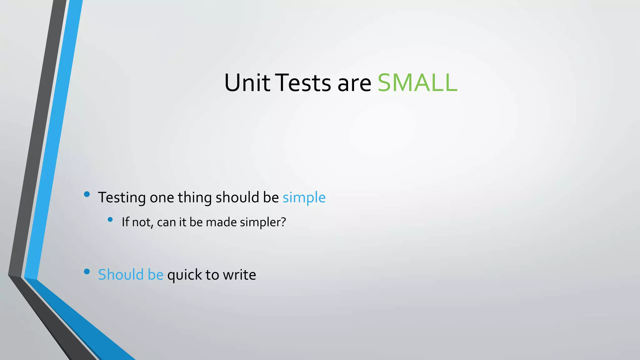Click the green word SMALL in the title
(x=417, y=83)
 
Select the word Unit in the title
(x=247, y=83)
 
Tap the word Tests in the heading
(x=304, y=83)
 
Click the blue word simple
(x=304, y=198)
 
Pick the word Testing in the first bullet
(x=122, y=198)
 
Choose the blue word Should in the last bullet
(x=121, y=275)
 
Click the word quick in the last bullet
(x=184, y=275)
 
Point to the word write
(x=239, y=275)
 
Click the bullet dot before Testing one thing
(x=87, y=194)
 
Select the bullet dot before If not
(x=110, y=220)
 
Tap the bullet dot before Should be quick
(x=87, y=272)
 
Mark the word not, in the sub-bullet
(x=143, y=222)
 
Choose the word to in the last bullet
(x=212, y=275)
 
